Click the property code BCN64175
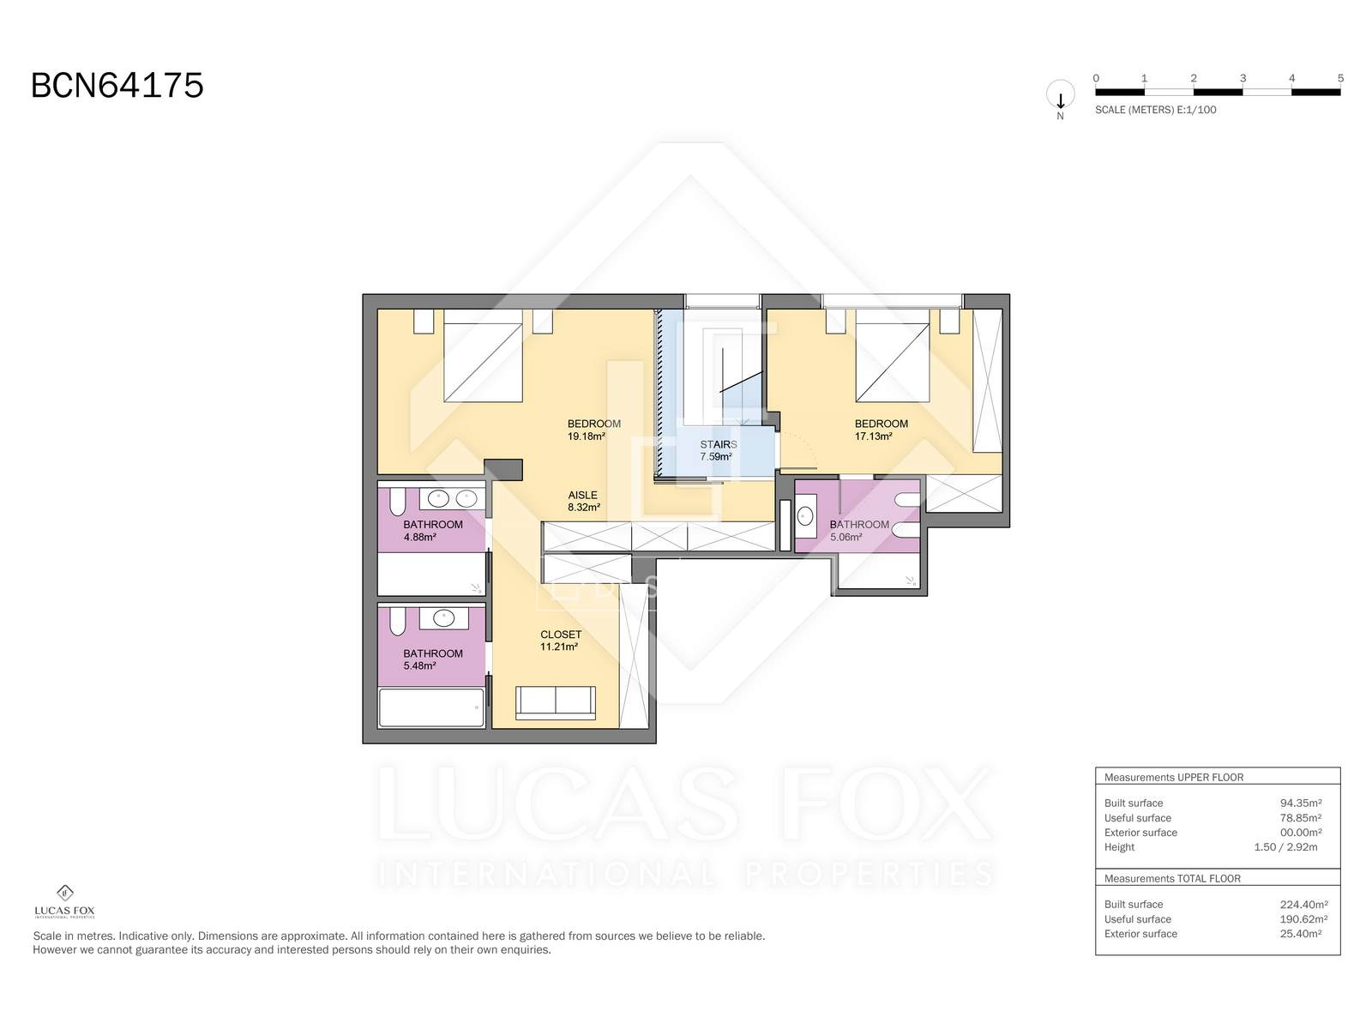(x=117, y=86)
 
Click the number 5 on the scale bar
(x=1340, y=78)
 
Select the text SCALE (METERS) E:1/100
(x=1155, y=110)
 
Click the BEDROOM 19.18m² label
(x=593, y=430)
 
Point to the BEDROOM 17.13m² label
(x=881, y=430)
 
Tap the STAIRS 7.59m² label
(x=718, y=450)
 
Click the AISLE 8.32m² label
(x=583, y=501)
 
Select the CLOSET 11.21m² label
(x=560, y=641)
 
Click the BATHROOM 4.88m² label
(x=432, y=531)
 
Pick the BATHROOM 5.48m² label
(x=432, y=659)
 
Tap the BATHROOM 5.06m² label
(x=858, y=531)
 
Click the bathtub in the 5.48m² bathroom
(x=431, y=707)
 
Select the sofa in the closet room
(x=555, y=702)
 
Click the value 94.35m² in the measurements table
(x=1300, y=803)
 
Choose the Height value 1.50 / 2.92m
(x=1285, y=847)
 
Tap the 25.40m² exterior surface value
(x=1300, y=934)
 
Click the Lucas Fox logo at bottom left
(x=64, y=900)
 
